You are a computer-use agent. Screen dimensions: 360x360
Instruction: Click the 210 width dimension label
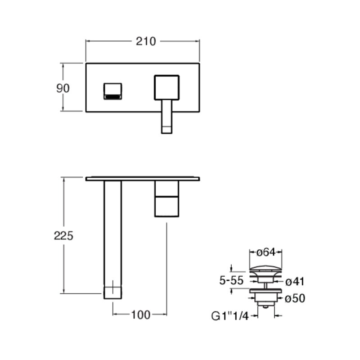click(146, 41)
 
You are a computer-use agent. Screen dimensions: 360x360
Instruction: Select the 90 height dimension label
click(63, 88)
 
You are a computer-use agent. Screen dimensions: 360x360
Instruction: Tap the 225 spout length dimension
click(63, 236)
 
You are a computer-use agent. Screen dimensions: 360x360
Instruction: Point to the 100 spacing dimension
click(141, 315)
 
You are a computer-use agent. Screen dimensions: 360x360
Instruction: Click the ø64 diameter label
click(265, 252)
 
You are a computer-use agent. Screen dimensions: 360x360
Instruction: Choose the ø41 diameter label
click(295, 282)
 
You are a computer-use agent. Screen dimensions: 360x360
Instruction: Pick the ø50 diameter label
click(295, 298)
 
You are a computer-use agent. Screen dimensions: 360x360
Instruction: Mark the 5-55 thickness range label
click(231, 280)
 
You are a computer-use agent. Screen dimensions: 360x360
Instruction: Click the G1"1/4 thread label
click(230, 316)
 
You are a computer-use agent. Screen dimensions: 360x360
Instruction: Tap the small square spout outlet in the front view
click(112, 91)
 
